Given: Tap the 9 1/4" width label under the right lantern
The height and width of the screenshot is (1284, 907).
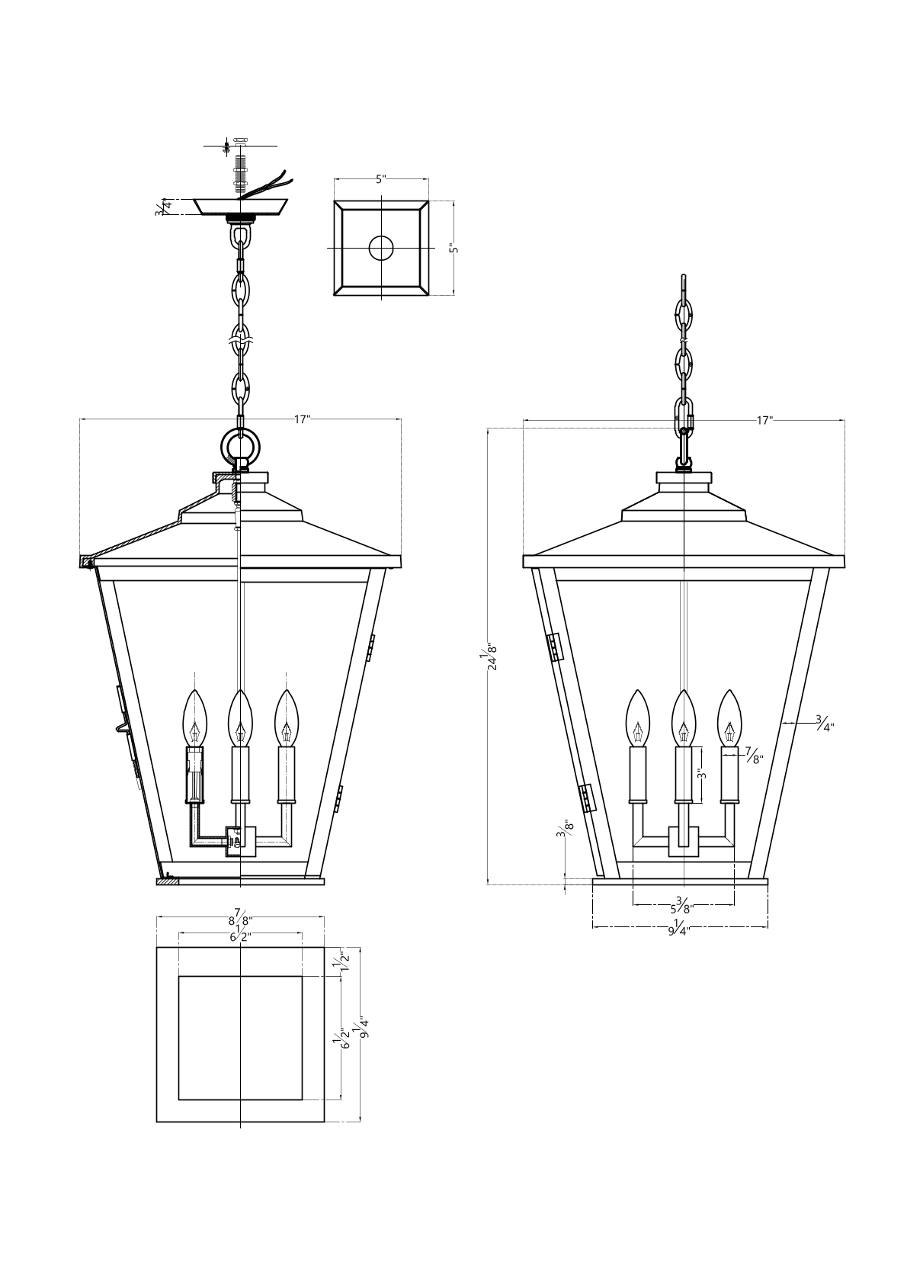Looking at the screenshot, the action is click(679, 926).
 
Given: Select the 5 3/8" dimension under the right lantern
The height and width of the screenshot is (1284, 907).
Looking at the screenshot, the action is click(682, 904).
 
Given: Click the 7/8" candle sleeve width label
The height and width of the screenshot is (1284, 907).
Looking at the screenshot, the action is click(755, 756).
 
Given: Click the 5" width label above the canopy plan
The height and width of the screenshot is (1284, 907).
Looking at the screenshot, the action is click(382, 179).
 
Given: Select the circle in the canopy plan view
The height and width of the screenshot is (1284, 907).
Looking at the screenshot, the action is click(382, 249).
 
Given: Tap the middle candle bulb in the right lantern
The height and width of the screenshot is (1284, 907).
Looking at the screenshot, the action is click(683, 717).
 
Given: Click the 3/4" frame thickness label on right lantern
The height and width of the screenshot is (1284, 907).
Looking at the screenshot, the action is click(825, 724).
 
